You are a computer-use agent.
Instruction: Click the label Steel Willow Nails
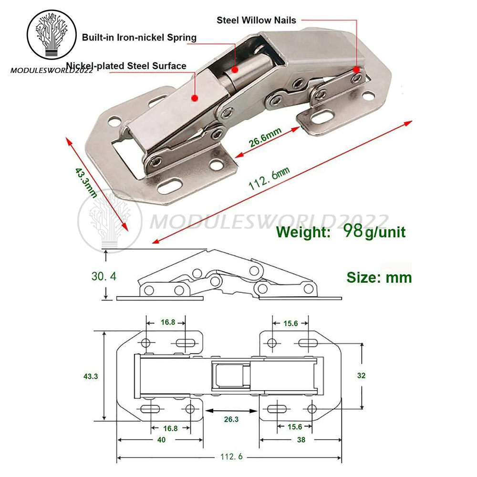256,20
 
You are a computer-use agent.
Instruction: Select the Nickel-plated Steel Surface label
126,66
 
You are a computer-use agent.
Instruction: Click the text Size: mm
379,277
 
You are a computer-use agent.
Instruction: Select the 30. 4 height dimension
104,276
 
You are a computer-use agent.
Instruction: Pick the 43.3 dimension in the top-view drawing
90,376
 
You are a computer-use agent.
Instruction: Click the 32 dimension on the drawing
361,375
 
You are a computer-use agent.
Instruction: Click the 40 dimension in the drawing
161,440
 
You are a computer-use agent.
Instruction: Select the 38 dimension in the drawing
301,440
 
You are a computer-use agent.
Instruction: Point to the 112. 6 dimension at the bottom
231,456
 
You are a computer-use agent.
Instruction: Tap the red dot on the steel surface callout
194,98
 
